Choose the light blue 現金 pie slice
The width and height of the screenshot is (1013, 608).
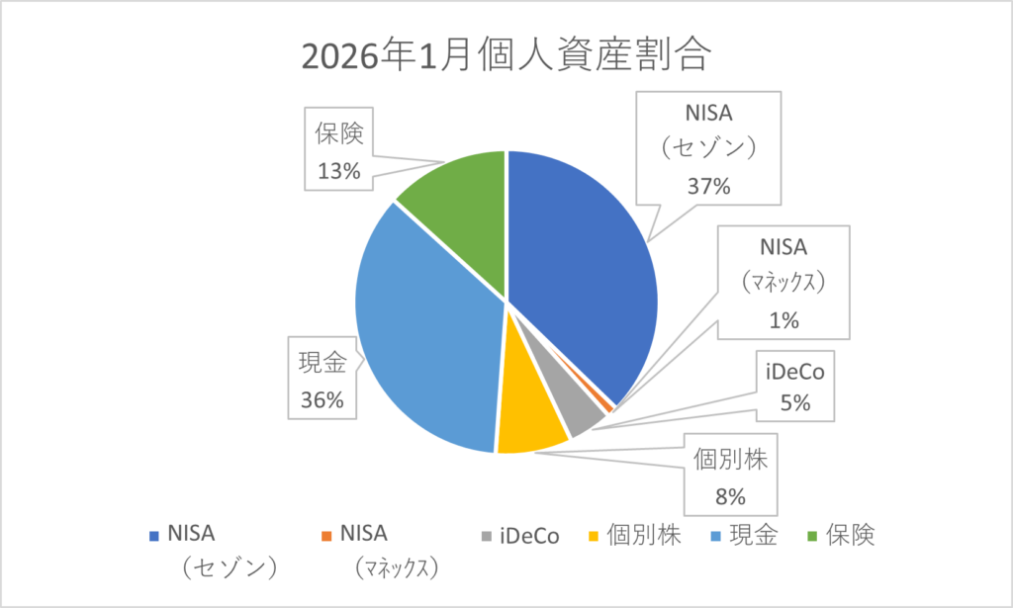coord(425,326)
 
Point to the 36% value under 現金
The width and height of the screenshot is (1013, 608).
coord(322,400)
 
